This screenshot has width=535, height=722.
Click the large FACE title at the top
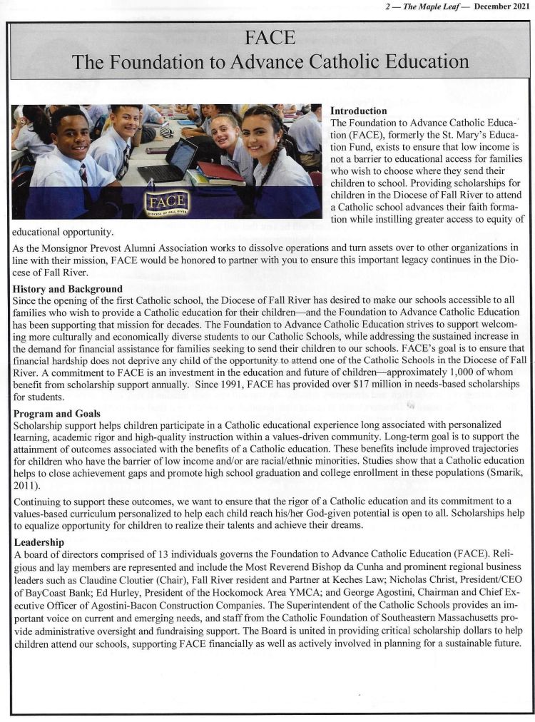pos(269,38)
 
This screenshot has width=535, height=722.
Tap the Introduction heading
pos(359,111)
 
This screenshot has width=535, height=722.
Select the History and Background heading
pos(68,289)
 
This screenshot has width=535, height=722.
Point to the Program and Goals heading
pos(56,413)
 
